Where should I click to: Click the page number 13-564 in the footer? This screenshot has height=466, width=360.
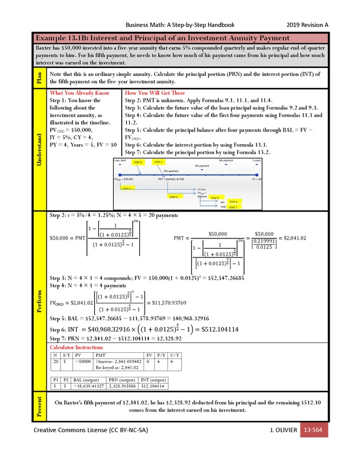point(315,429)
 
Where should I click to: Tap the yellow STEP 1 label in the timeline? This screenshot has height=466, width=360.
point(138,162)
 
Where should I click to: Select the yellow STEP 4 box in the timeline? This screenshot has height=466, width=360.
point(174,196)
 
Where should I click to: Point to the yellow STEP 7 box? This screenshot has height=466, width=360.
point(233,208)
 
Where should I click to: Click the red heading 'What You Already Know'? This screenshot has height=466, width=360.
point(79,92)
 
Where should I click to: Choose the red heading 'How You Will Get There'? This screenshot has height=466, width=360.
point(155,92)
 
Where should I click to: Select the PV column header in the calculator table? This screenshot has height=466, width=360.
point(79,355)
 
